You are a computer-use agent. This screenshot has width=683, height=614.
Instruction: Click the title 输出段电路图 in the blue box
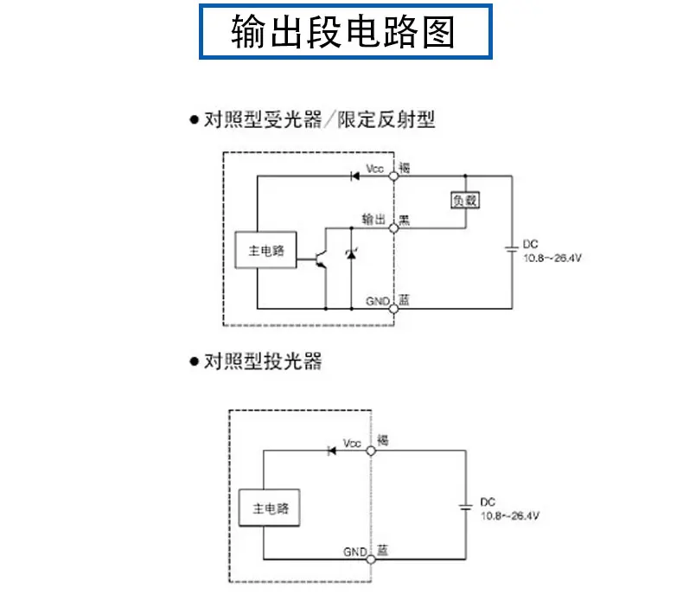343,31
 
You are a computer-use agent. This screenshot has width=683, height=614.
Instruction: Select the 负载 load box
465,200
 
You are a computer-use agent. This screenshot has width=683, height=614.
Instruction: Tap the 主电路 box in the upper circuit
265,250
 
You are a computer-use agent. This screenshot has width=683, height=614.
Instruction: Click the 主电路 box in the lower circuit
269,508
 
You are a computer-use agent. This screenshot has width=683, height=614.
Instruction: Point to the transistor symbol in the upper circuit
321,259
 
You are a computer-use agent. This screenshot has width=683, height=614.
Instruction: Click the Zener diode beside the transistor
351,253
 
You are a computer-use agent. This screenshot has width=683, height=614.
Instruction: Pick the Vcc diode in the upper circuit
355,176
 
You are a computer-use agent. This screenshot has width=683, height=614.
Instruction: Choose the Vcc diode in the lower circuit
332,451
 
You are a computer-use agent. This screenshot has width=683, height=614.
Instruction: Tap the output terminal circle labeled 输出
393,228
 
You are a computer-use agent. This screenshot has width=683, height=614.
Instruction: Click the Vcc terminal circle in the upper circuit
393,176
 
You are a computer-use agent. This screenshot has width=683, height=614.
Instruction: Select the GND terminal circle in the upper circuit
393,309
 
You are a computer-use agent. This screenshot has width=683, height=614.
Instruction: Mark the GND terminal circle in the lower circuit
371,560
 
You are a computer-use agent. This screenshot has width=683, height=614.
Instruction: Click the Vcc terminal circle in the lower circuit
371,451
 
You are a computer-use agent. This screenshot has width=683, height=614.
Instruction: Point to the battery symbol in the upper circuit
512,249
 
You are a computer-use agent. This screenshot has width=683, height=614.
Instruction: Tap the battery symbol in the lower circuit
466,507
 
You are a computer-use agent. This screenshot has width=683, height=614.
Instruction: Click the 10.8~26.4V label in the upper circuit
552,258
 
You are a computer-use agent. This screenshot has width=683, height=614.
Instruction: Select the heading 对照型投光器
263,361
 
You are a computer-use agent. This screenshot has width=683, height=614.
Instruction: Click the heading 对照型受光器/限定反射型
319,119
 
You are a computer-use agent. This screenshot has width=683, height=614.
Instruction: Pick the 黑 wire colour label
405,220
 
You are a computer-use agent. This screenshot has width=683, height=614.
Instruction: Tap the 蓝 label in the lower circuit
382,550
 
